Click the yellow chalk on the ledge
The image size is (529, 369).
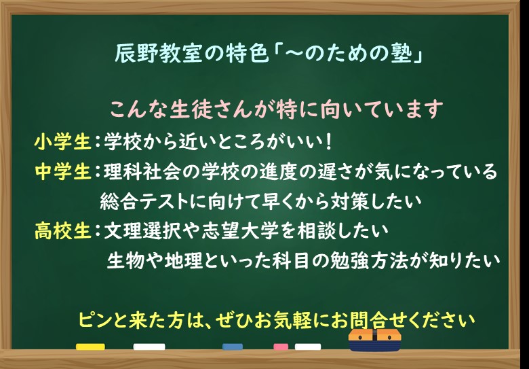point(90,347)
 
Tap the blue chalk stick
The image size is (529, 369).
point(233,347)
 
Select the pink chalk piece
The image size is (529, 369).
point(281,347)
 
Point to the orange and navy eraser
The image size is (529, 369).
point(375,340)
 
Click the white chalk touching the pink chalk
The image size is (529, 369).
point(308,347)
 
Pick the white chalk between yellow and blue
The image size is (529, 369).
point(149,347)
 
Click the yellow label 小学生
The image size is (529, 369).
point(63,142)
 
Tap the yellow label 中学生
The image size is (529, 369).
point(63,172)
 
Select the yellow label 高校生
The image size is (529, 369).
point(63,231)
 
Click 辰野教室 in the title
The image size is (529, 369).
point(158,54)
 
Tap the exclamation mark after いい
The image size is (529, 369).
point(330,142)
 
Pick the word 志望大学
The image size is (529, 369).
point(241,231)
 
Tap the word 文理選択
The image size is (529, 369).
point(142,231)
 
